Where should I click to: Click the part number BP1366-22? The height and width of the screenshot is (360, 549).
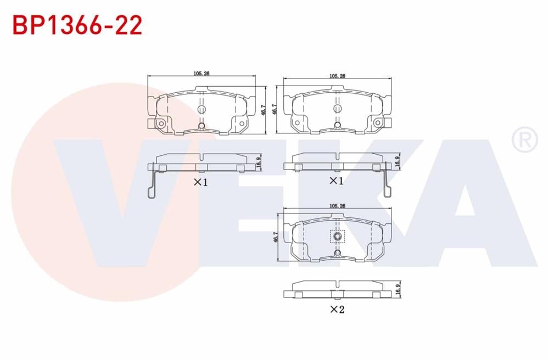77,25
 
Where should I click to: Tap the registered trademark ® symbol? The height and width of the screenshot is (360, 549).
524,140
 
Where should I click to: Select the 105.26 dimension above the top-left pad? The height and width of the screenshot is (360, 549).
201,75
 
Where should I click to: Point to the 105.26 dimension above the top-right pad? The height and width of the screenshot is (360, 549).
337,77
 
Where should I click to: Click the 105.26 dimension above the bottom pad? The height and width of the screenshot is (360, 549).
337,206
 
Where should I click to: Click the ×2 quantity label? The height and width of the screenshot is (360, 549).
337,310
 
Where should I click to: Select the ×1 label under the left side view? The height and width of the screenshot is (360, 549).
201,182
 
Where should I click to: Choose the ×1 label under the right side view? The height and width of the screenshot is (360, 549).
336,181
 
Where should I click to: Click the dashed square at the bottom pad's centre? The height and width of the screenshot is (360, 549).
337,237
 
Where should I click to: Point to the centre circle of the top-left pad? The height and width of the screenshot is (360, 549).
201,110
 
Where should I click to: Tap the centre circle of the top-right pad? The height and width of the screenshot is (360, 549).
336,109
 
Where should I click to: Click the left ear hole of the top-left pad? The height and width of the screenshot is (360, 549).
161,124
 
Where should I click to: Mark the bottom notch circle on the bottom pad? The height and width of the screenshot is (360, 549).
338,253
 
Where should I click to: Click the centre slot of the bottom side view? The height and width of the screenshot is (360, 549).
337,284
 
